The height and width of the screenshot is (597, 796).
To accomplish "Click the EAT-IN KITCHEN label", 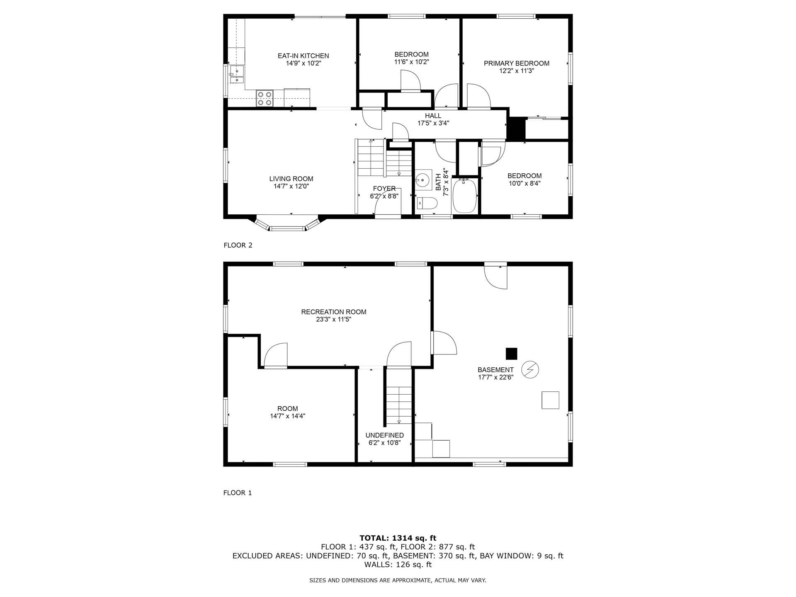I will point(303,56).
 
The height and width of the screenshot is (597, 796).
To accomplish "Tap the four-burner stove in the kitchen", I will point(265,98).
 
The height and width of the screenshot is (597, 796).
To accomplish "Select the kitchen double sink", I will point(236,74).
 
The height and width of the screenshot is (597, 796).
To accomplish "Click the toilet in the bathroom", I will point(427,203).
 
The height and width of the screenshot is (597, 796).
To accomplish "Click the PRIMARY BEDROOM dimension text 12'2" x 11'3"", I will point(516,71).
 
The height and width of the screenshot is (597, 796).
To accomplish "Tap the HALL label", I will point(433,116).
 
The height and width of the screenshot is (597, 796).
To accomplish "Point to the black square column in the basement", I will point(511,354).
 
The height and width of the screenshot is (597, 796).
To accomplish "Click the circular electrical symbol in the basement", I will point(530,369).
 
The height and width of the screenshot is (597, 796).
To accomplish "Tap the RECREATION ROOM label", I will point(333,312).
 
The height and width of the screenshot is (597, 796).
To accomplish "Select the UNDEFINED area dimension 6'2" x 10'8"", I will point(384,443).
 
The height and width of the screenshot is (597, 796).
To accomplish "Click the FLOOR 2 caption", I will point(238,245).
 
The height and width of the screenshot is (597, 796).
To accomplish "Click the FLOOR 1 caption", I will point(238,493).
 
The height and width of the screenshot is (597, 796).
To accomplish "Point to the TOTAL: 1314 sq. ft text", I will point(398,538).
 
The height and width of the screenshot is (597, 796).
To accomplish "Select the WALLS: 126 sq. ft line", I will point(398,564).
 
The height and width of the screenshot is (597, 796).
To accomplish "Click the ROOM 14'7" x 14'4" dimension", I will point(287,416).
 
